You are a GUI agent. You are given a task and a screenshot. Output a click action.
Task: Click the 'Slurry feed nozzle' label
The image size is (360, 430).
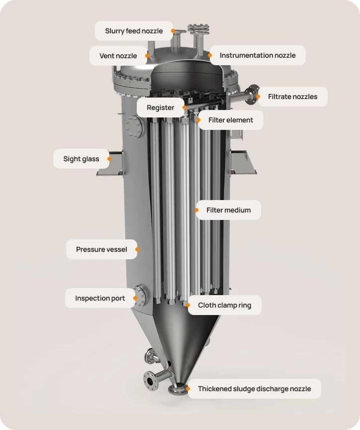pyautogui.click(x=133, y=31)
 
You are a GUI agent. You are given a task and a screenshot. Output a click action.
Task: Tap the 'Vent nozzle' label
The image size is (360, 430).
pyautogui.click(x=118, y=56)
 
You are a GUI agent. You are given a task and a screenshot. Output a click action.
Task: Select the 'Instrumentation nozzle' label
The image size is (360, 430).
pyautogui.click(x=257, y=55)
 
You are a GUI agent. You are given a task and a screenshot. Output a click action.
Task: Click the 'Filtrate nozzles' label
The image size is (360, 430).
pyautogui.click(x=292, y=97)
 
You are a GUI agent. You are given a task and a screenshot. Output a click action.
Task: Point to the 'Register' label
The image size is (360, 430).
pyautogui.click(x=160, y=107)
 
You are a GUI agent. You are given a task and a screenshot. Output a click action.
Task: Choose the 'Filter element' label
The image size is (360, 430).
pyautogui.click(x=230, y=120)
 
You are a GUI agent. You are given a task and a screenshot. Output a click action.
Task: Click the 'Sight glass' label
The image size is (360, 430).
pyautogui.click(x=81, y=159)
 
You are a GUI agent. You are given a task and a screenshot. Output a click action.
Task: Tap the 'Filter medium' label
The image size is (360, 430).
pyautogui.click(x=228, y=210)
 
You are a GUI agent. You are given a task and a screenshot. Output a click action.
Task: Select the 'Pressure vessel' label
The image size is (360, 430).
pyautogui.click(x=101, y=249)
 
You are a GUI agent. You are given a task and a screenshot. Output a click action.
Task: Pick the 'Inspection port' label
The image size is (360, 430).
pyautogui.click(x=99, y=298)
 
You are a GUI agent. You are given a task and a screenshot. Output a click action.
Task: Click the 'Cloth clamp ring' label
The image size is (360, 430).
pyautogui.click(x=224, y=305)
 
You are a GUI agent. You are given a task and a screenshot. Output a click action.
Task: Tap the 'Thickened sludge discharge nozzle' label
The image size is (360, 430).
pyautogui.click(x=254, y=389)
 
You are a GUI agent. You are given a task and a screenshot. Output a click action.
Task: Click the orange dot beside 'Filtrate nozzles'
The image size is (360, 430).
pyautogui.click(x=259, y=97)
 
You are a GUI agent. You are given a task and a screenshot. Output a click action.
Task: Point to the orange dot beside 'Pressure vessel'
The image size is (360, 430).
pyautogui.click(x=137, y=249)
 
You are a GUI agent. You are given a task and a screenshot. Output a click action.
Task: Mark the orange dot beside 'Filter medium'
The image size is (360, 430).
pyautogui.click(x=197, y=210)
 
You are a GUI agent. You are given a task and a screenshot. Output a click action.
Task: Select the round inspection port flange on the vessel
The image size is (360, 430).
pyautogui.click(x=141, y=296)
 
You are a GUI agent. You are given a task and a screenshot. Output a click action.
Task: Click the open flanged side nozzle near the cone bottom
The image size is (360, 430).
pyautogui.click(x=149, y=381)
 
